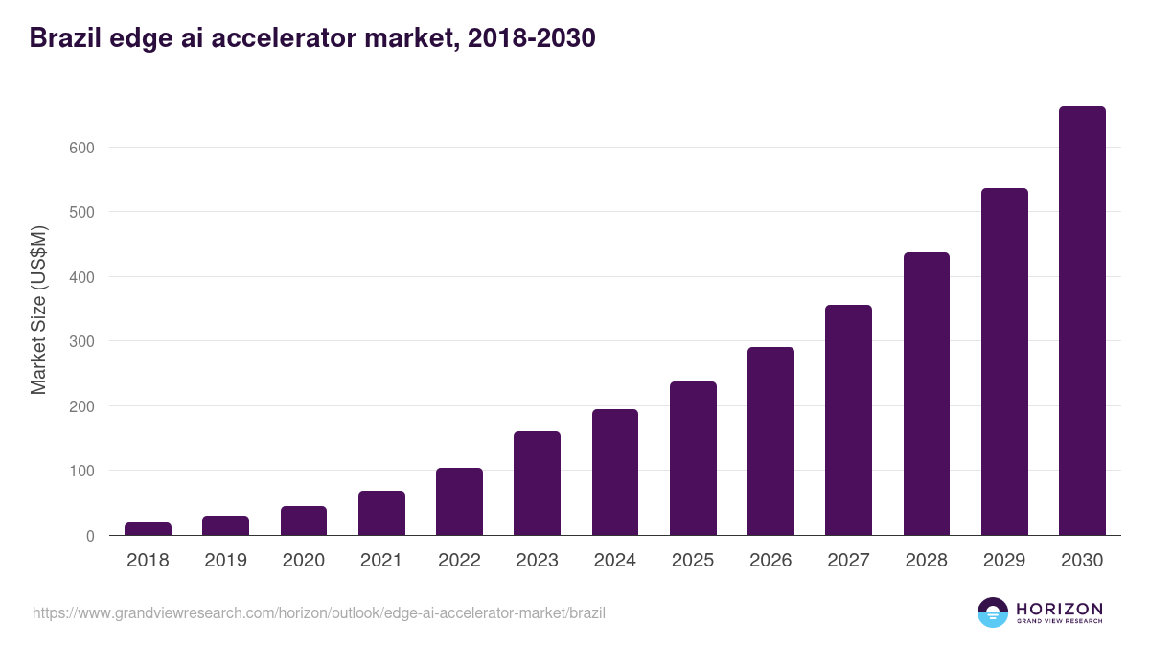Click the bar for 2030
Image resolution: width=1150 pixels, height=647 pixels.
click(x=1082, y=321)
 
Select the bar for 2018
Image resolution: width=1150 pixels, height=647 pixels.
click(x=148, y=529)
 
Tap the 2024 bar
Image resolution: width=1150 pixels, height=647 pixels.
click(x=615, y=473)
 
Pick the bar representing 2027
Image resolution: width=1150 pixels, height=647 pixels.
click(x=848, y=420)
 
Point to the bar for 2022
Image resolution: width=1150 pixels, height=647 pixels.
click(x=459, y=501)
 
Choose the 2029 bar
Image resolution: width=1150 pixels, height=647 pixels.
click(x=1004, y=361)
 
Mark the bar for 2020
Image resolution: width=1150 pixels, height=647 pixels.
click(x=304, y=520)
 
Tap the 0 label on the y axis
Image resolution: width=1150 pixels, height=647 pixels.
click(x=89, y=536)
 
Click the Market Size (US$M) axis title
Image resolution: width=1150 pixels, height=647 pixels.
click(x=38, y=311)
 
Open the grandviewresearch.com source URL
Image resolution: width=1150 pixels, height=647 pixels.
click(x=319, y=612)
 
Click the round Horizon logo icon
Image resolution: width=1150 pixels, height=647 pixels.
click(x=993, y=612)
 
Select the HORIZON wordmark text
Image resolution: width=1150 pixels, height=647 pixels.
click(x=1059, y=609)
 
